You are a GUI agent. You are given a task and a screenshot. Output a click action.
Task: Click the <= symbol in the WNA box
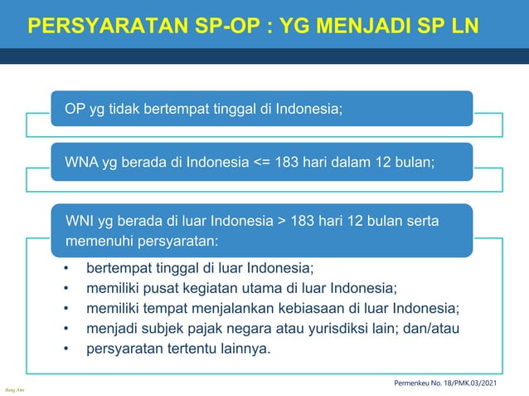tap(260, 161)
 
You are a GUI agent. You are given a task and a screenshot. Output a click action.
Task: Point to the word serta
tap(423, 221)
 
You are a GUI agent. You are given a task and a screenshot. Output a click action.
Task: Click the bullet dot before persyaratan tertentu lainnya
tap(66, 348)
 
